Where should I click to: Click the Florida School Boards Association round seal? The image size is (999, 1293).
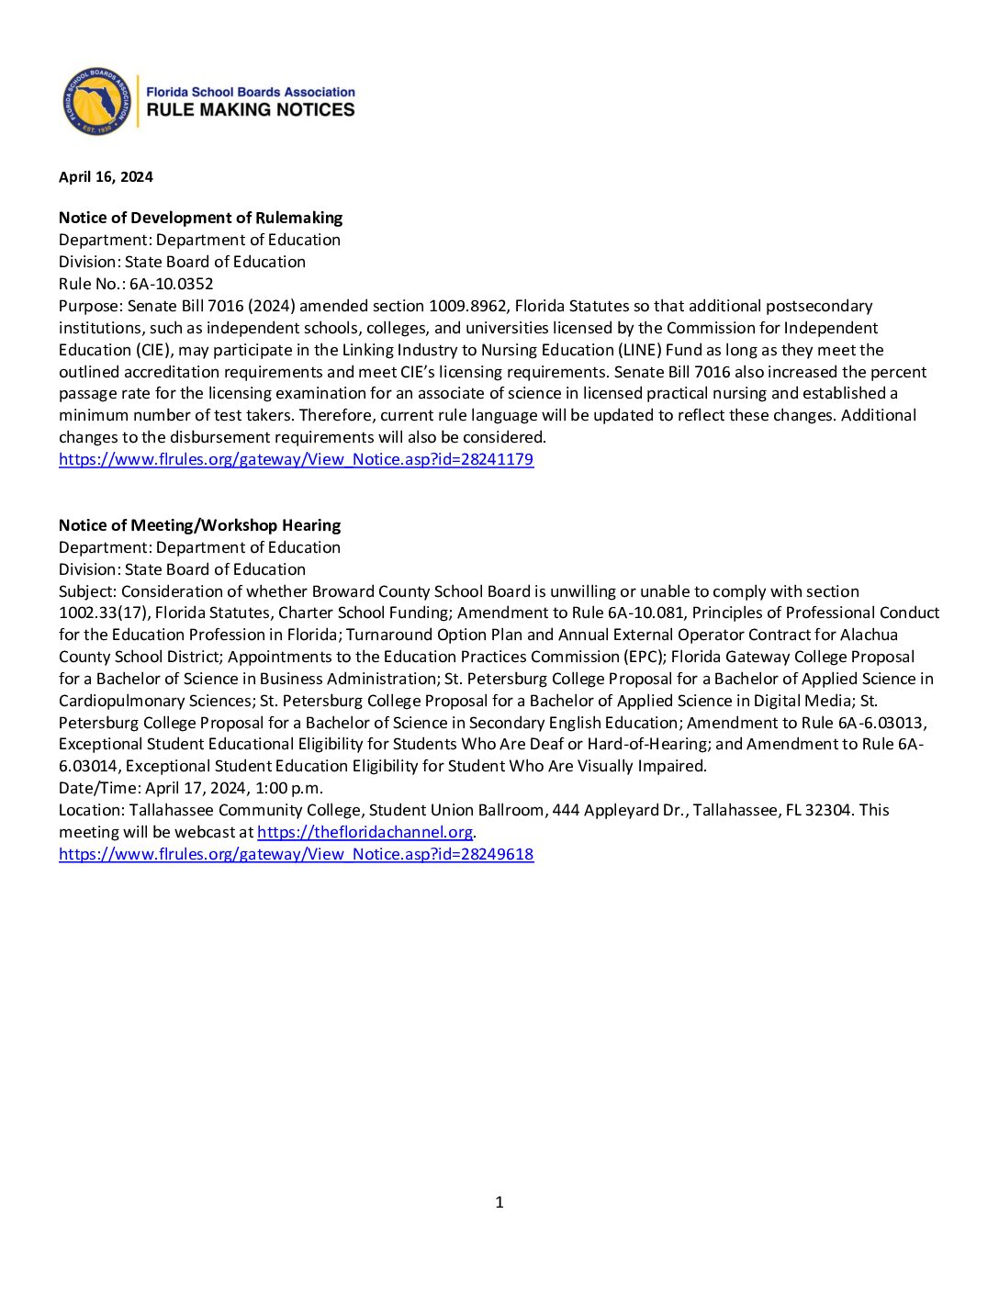coord(96,101)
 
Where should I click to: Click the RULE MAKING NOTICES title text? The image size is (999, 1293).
coord(250,109)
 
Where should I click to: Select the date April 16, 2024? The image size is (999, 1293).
coord(106,177)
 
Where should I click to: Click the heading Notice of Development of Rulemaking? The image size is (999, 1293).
coord(200,218)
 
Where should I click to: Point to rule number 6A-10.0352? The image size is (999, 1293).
coord(171,284)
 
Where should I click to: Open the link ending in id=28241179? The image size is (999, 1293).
coord(296,459)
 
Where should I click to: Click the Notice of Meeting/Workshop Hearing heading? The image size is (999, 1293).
coord(199,525)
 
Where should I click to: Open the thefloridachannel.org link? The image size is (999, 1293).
coord(365,832)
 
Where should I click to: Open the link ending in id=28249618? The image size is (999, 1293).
coord(296,854)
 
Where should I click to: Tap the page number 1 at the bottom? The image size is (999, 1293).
coord(499,1202)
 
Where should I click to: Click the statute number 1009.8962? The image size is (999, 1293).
coord(467,306)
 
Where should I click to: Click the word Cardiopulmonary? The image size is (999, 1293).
coord(120,701)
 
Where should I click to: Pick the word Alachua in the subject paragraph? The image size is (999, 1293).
coord(869,635)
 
